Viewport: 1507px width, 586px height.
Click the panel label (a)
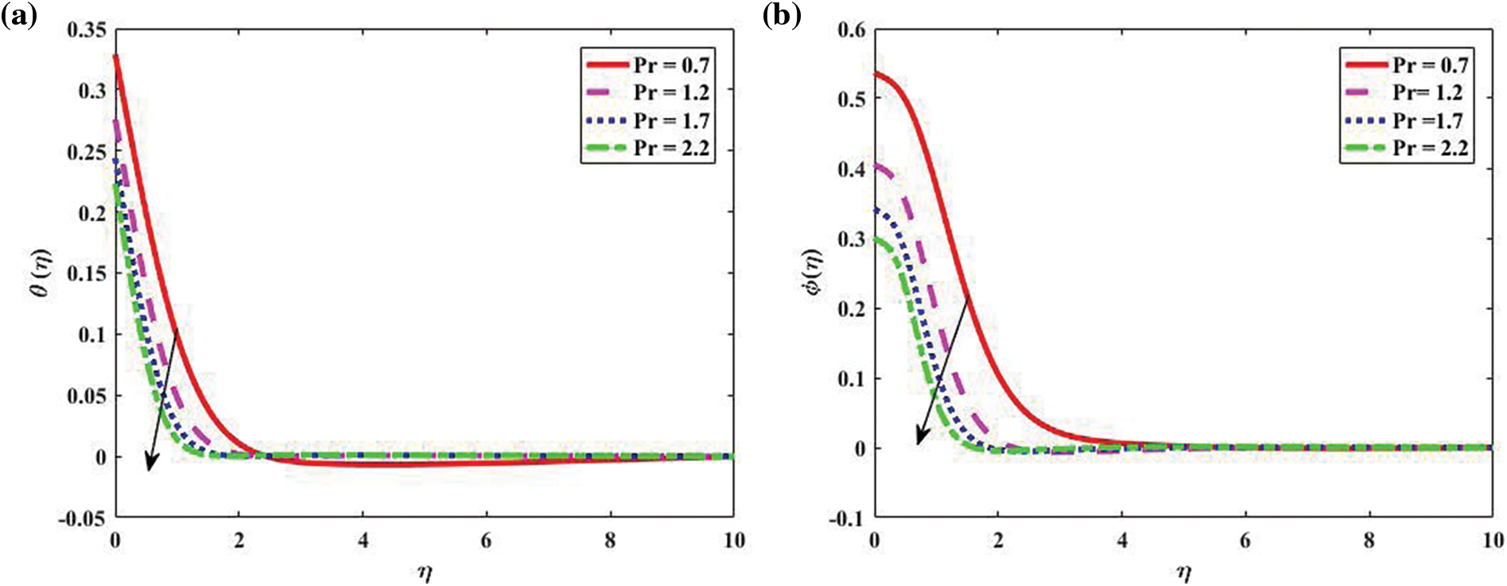pyautogui.click(x=19, y=16)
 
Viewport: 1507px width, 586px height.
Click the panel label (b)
pyautogui.click(x=781, y=16)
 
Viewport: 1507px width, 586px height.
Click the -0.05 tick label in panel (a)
pyautogui.click(x=81, y=518)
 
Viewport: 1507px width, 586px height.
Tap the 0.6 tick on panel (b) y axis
pyautogui.click(x=852, y=30)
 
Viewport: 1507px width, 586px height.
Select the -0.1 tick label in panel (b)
pyautogui.click(x=848, y=518)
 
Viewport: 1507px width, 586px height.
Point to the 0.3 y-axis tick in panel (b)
pyautogui.click(x=852, y=239)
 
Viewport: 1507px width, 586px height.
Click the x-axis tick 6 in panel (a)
pyautogui.click(x=486, y=541)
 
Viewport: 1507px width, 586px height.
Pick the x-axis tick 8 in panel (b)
pyautogui.click(x=1369, y=541)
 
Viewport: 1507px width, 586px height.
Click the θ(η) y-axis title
pyautogui.click(x=41, y=273)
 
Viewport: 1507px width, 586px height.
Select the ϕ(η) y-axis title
pyautogui.click(x=814, y=273)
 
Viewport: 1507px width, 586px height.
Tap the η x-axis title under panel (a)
pyautogui.click(x=425, y=571)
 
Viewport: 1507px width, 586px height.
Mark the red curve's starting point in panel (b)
pyautogui.click(x=876, y=74)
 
